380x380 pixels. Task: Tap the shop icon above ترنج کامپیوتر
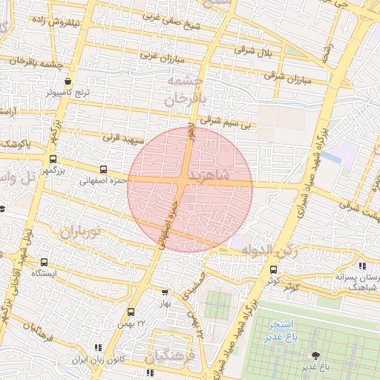(x=68, y=82)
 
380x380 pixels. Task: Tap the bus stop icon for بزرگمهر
(x=53, y=159)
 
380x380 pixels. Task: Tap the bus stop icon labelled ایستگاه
(x=45, y=262)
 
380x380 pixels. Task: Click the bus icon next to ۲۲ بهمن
(x=131, y=312)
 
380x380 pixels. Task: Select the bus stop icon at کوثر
(x=274, y=269)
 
